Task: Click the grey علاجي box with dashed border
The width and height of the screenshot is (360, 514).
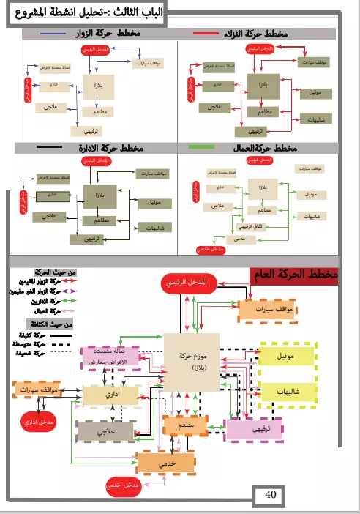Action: pyautogui.click(x=108, y=432)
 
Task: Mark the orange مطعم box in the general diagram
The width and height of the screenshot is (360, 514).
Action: pyautogui.click(x=184, y=425)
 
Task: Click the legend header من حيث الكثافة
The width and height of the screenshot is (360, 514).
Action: pyautogui.click(x=54, y=323)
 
